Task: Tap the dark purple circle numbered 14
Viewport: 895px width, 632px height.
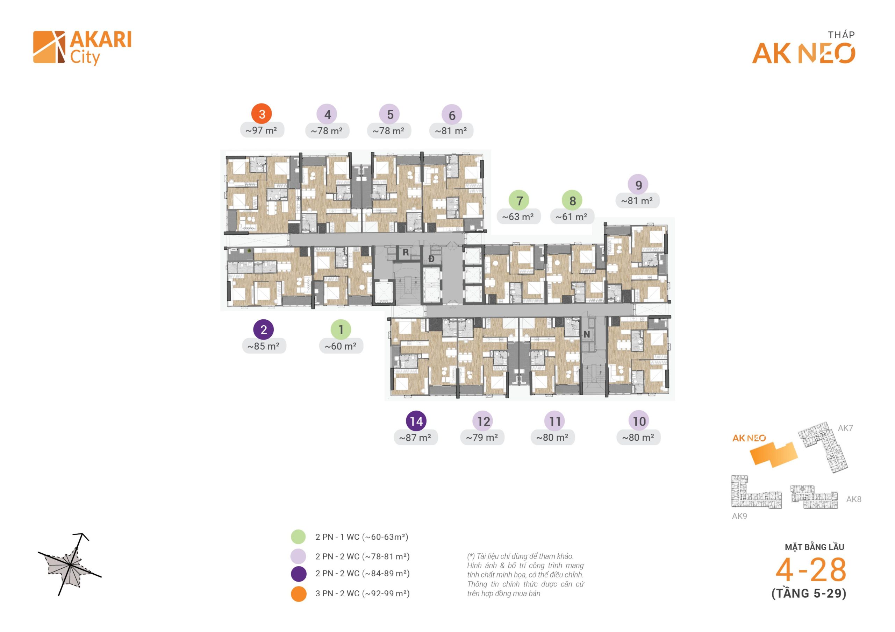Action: pyautogui.click(x=416, y=421)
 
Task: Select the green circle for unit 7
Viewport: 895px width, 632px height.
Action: pyautogui.click(x=519, y=200)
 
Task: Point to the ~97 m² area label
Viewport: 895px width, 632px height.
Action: pyautogui.click(x=262, y=130)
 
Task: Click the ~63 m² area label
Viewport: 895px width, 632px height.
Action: pyautogui.click(x=518, y=216)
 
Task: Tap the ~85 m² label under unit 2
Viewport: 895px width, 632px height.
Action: pyautogui.click(x=264, y=346)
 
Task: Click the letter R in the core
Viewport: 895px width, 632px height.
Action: pyautogui.click(x=406, y=252)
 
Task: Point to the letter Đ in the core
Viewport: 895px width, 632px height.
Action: pyautogui.click(x=431, y=259)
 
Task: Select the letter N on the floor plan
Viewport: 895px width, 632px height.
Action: pyautogui.click(x=586, y=334)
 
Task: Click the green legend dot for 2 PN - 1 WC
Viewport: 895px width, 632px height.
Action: pyautogui.click(x=298, y=537)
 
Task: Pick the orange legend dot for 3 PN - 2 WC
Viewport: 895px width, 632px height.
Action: pyautogui.click(x=298, y=594)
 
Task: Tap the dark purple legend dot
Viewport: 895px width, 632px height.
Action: pyautogui.click(x=298, y=574)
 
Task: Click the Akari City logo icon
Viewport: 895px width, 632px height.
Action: pyautogui.click(x=49, y=47)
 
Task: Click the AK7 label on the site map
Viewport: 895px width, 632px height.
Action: pyautogui.click(x=845, y=428)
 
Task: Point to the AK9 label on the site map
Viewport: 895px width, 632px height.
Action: pyautogui.click(x=739, y=516)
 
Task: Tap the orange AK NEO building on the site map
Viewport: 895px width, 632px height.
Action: pyautogui.click(x=774, y=455)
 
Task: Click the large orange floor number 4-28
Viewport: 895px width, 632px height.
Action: pyautogui.click(x=810, y=570)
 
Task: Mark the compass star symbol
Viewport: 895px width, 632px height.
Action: pyautogui.click(x=69, y=564)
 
